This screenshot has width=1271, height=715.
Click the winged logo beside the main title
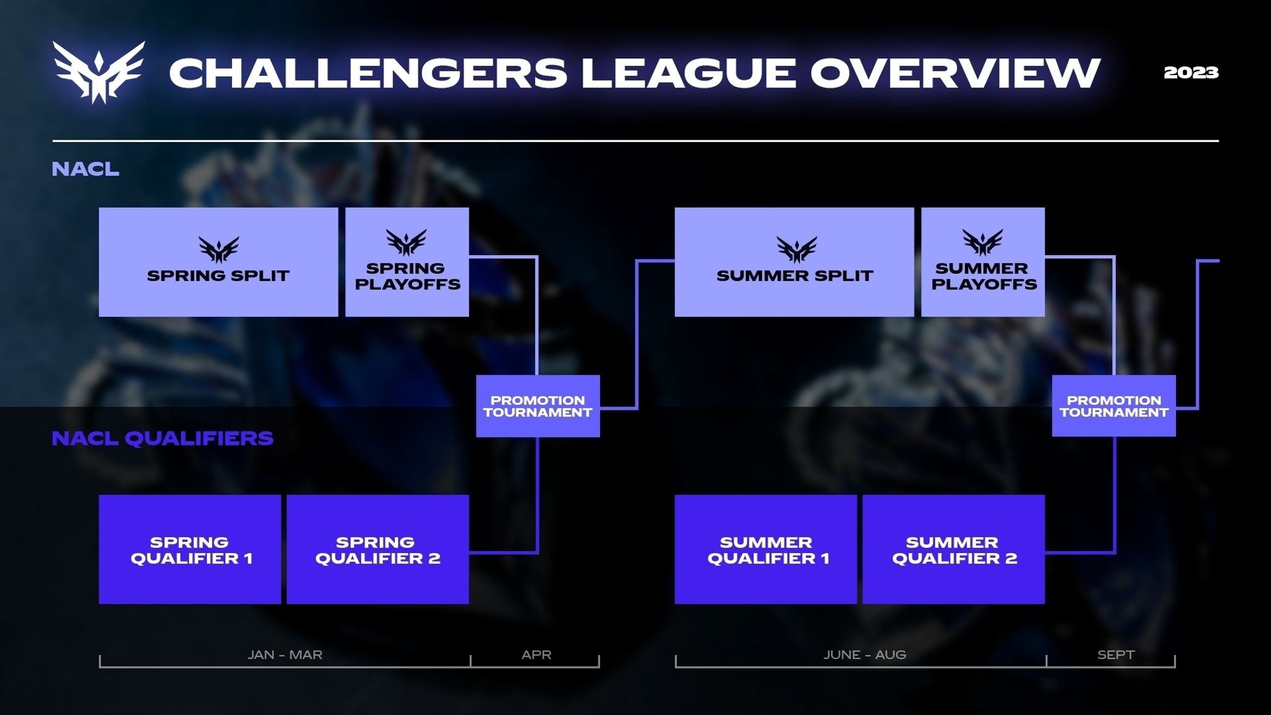coord(99,72)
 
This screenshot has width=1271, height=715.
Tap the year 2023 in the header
coord(1191,73)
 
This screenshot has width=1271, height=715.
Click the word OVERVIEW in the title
coord(955,73)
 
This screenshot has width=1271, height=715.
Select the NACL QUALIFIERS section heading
coord(163,438)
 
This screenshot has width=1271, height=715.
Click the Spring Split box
coord(218,262)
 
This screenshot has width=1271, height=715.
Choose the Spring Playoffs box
coord(407,262)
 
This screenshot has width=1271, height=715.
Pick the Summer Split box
coord(794,262)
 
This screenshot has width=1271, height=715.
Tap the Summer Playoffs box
coord(983,262)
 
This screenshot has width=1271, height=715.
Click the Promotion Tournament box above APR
coord(538,406)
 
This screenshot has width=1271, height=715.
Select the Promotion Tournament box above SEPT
coord(1114,406)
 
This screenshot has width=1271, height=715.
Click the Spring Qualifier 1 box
coord(190,549)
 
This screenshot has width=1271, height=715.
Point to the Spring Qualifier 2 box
coord(378,549)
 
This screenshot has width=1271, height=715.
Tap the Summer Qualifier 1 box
coord(766,549)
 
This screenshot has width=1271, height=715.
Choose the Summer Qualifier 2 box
coord(954,549)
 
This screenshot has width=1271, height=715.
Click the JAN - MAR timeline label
coord(285,655)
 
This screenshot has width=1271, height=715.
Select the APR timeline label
coord(536,655)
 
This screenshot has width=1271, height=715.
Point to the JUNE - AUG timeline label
coord(865,655)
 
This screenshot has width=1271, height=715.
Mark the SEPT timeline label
coord(1116,655)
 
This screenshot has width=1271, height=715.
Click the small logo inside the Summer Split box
coord(796,250)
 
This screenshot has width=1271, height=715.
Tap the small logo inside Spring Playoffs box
coord(406,242)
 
